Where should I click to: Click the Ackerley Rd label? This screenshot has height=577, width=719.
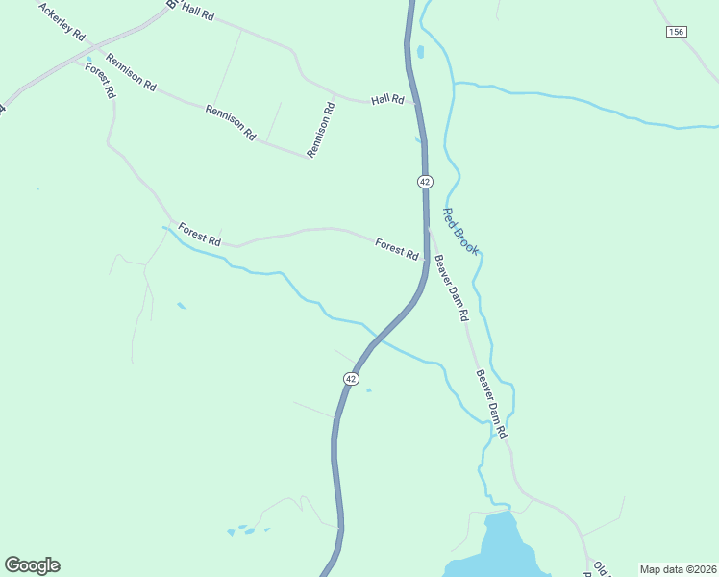coord(62,22)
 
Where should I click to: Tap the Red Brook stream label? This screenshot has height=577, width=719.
coord(459,232)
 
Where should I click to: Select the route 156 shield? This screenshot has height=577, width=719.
coord(676,32)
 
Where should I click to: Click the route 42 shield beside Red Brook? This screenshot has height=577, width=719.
coord(425,181)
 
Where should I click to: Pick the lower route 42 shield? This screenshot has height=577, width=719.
coord(351,379)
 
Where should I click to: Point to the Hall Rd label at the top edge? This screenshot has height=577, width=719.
coord(196,11)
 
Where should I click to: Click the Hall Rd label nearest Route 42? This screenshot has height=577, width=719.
coord(387,100)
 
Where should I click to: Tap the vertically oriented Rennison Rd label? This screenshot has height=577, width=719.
coord(320,131)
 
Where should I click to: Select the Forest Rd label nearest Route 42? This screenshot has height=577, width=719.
coord(396,249)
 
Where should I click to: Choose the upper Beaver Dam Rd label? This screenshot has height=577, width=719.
coord(450,288)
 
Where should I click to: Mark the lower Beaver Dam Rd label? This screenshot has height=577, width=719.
coord(490,405)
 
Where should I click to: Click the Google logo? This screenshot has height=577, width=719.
coord(32,565)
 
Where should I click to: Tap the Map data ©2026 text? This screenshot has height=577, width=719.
coord(678,569)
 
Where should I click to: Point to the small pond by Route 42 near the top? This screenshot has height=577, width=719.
coord(420,51)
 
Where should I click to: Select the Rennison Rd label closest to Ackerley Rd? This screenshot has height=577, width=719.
coord(131,72)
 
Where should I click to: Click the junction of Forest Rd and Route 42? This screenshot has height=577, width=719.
coord(426,257)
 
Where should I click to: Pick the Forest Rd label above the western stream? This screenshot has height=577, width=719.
coord(199,236)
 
